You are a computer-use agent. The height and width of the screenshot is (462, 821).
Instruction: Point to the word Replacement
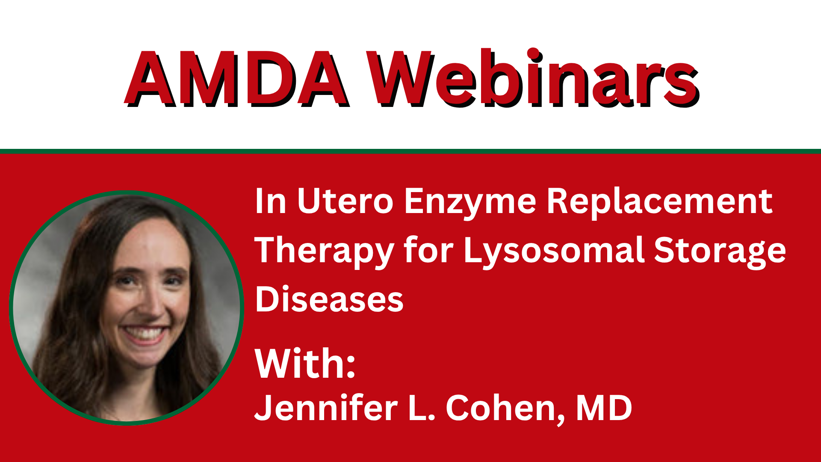coord(660,204)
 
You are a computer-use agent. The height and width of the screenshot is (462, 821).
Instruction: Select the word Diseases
coord(329,299)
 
